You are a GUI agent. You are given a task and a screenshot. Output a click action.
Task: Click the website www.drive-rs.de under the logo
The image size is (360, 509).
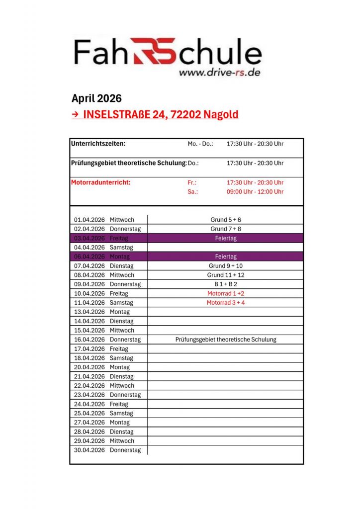(219, 72)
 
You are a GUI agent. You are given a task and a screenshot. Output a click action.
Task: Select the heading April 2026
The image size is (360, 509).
(96, 98)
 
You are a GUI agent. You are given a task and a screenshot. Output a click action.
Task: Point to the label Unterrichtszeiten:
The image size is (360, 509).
(98, 144)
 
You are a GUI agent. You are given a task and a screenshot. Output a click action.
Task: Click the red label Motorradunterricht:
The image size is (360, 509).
(101, 182)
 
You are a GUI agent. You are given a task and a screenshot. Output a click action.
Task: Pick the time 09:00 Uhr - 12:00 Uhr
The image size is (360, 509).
(255, 192)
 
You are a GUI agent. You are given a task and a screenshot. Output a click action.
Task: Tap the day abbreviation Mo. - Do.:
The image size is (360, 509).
(200, 144)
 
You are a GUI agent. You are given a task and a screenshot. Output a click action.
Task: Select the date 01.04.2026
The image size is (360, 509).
(90, 220)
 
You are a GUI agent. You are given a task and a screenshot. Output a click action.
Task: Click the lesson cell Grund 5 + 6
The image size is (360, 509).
(226, 220)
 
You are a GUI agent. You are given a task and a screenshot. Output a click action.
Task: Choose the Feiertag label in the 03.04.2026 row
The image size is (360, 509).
(226, 238)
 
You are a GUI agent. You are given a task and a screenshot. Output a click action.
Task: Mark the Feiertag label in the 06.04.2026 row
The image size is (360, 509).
(226, 256)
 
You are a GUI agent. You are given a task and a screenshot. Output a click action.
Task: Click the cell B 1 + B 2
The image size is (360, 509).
(226, 284)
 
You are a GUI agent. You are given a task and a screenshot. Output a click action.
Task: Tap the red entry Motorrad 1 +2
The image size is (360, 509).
(226, 294)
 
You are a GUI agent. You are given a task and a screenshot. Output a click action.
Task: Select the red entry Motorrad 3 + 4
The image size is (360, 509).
(226, 303)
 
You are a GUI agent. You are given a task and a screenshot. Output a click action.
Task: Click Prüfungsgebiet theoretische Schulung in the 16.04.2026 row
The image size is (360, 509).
(226, 339)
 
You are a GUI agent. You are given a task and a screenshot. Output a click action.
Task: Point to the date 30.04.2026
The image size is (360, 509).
(90, 450)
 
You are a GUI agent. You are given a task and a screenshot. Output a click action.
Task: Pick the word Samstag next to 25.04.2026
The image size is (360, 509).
(121, 413)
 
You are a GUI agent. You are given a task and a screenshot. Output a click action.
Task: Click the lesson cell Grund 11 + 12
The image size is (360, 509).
(226, 275)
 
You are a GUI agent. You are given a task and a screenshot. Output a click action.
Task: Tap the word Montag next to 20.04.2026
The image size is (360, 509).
(120, 367)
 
